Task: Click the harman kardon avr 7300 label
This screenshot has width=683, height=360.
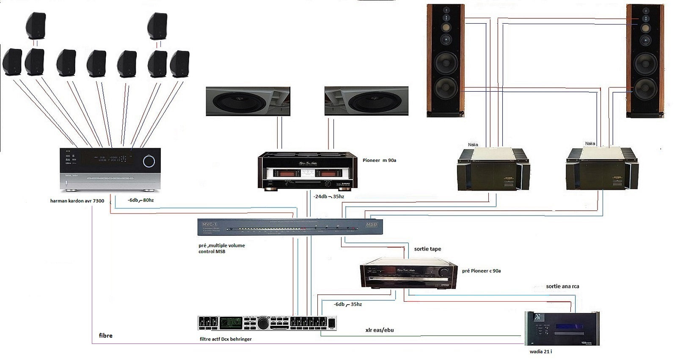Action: [77, 201]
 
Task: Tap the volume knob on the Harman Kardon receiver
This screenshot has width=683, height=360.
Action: [149, 161]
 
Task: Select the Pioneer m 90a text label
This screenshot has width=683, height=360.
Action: [379, 161]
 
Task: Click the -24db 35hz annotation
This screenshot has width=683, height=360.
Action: [328, 196]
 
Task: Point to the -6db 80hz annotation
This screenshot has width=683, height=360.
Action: [140, 200]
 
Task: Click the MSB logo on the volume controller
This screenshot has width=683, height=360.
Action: [371, 224]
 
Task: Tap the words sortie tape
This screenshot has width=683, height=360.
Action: [427, 249]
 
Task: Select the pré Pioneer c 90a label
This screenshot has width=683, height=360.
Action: [481, 271]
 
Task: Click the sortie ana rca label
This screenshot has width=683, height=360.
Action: [562, 286]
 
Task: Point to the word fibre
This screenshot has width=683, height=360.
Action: [105, 335]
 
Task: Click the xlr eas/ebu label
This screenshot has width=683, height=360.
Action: [380, 330]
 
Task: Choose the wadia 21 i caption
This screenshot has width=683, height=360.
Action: [541, 352]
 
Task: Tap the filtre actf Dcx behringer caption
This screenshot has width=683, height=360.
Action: [226, 339]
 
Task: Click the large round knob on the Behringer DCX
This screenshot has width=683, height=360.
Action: [263, 323]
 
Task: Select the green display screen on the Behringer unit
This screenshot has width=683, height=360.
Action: [231, 323]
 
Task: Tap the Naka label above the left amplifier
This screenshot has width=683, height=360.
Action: [473, 145]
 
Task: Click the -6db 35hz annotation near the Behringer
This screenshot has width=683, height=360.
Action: [347, 304]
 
